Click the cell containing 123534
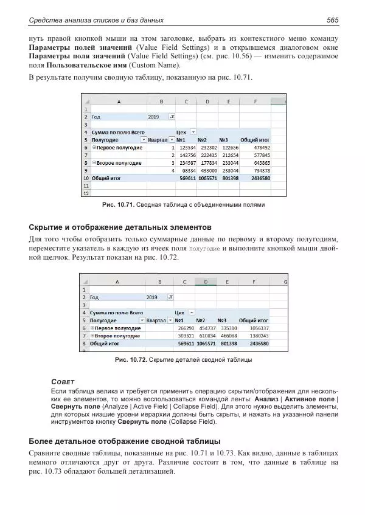point(186,147)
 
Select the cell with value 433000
point(208,171)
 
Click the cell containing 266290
point(186,328)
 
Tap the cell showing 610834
point(208,336)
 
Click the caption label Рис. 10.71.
point(118,205)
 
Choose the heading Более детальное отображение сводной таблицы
point(125,441)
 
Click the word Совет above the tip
point(63,381)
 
